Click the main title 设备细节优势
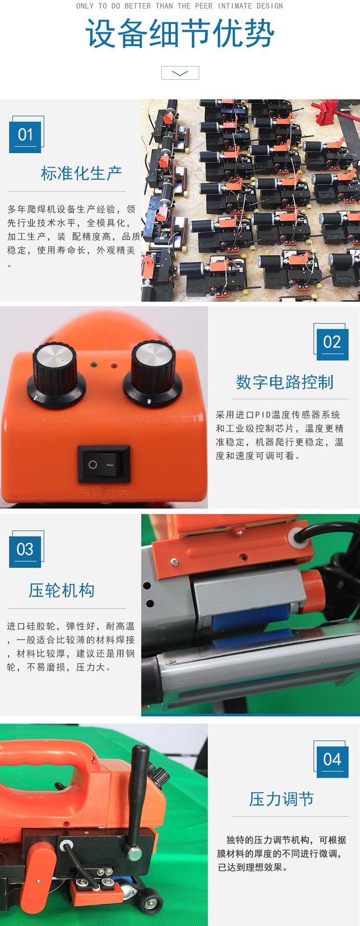point(180,33)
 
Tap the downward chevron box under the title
point(180,73)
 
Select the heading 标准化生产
point(81,173)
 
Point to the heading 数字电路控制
point(285,382)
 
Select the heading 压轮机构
point(61,590)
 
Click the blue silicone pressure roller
point(250,619)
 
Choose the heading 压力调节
point(282,799)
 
